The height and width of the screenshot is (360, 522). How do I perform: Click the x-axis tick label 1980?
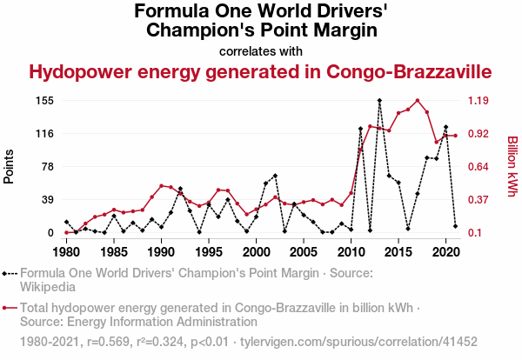coord(66,252)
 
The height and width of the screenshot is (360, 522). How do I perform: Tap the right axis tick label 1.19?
coord(480,101)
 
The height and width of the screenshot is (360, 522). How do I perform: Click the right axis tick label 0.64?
coord(480,167)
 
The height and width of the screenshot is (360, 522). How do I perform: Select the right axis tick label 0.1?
coord(477,233)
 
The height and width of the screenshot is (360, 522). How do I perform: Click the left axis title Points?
coord(10,166)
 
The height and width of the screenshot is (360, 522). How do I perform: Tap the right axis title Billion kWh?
coord(512,166)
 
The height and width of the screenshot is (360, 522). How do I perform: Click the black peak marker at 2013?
coord(379,101)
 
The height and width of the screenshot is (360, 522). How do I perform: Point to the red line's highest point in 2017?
coord(418,101)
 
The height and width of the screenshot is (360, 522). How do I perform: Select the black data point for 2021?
coord(455,226)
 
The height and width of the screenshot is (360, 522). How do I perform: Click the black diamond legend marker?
coord(10,273)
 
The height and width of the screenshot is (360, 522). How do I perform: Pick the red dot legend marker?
coord(10,308)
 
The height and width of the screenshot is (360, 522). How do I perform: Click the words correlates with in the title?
coord(261,50)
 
